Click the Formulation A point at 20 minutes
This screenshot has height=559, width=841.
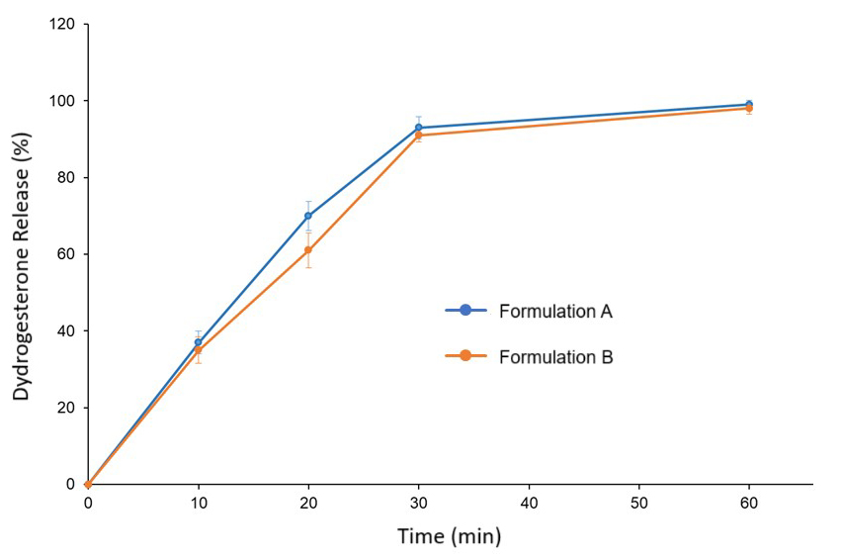(x=308, y=216)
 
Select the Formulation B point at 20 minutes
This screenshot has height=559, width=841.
(x=308, y=250)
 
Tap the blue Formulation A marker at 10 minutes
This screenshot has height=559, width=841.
(x=199, y=342)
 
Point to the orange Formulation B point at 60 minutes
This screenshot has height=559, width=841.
(x=749, y=108)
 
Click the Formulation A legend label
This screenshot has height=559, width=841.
(x=555, y=311)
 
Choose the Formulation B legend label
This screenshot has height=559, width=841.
(x=555, y=357)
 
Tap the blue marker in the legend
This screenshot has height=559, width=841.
(x=465, y=311)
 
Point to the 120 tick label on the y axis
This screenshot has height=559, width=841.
(x=64, y=24)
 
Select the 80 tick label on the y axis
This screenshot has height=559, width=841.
(x=68, y=177)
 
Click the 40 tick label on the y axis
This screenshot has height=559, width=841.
(x=68, y=330)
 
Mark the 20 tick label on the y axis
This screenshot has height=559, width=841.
(x=68, y=408)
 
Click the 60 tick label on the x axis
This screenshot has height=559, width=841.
(x=749, y=504)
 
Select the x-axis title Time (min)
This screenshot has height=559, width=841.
(x=450, y=537)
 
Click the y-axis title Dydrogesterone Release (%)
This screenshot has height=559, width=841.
(x=22, y=254)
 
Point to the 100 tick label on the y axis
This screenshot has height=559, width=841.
(x=64, y=101)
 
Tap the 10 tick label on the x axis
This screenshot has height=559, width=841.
(x=198, y=504)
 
